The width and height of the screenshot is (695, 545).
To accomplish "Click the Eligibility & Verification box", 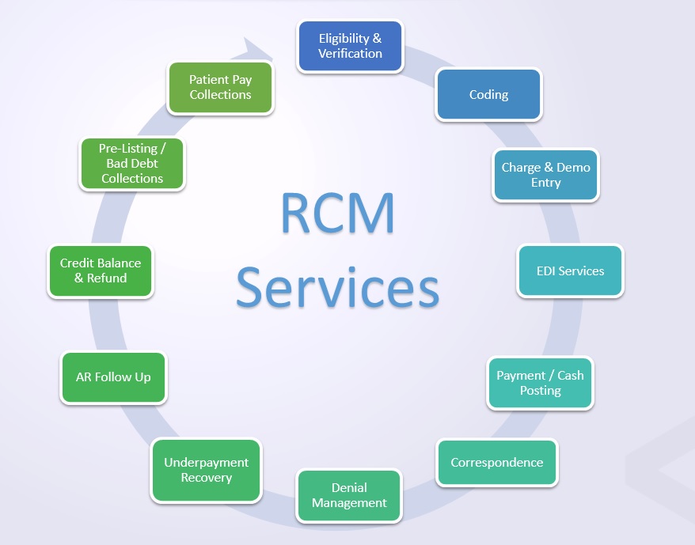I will point(350,46).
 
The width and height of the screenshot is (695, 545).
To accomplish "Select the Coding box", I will point(488,94).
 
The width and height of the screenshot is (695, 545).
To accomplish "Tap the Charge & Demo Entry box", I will point(545,175).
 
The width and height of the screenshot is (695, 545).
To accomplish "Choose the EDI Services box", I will point(570,271).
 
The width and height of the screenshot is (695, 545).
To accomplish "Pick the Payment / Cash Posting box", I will point(540,383).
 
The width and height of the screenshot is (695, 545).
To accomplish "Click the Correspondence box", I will point(497,462).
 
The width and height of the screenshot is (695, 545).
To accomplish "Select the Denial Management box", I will point(349,495).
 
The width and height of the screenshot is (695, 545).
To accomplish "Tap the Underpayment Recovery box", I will point(206,470).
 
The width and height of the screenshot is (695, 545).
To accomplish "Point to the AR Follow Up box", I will point(113,377).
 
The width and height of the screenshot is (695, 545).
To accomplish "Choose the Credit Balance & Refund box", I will point(101,271).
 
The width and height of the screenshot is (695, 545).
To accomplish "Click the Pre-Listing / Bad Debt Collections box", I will point(132,164).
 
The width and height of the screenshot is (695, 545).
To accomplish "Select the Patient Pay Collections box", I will point(220,87).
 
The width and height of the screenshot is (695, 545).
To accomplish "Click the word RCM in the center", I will point(338,211).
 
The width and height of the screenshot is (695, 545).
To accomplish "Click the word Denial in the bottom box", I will point(349,487).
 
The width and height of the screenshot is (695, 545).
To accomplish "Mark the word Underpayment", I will point(206,463).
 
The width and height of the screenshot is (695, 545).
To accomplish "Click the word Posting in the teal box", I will point(540,391).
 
